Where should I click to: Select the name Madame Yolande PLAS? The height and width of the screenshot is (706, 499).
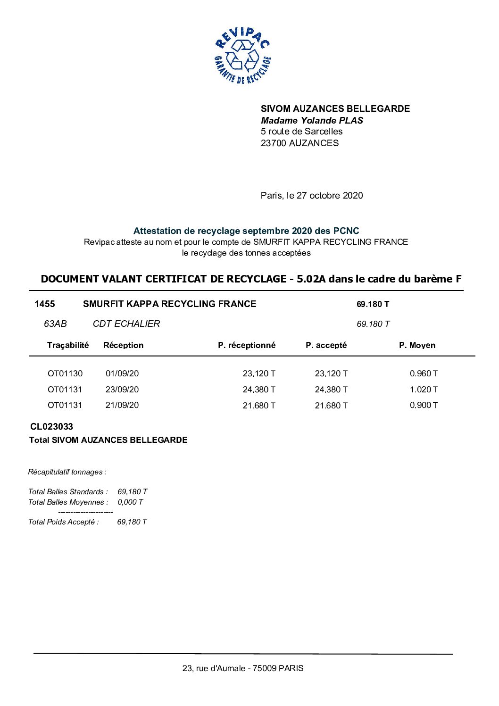[x=312, y=120]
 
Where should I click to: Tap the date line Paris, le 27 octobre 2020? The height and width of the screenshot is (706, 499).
[x=311, y=195]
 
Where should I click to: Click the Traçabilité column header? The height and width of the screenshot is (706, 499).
[x=67, y=345]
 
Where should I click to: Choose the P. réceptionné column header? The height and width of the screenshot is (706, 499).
[x=246, y=345]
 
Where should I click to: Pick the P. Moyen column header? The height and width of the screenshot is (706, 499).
[x=417, y=345]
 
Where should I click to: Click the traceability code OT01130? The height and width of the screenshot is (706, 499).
[x=65, y=374]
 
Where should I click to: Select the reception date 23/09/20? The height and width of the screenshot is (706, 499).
[x=122, y=390]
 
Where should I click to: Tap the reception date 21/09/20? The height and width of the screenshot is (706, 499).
[x=122, y=405]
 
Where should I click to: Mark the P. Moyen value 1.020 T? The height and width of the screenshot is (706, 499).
[x=423, y=390]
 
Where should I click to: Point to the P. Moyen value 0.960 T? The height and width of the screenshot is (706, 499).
[x=423, y=374]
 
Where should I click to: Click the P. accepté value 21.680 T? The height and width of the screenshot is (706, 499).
[x=331, y=406]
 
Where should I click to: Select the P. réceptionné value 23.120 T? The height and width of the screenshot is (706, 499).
[x=259, y=374]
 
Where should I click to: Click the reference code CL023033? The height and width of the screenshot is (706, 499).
[x=51, y=426]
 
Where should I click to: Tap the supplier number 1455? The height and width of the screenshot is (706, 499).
[x=45, y=304]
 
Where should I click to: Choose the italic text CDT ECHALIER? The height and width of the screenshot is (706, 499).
[x=126, y=324]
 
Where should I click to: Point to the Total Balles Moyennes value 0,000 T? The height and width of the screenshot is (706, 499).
[x=130, y=502]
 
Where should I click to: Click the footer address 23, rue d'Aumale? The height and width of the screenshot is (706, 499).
[x=215, y=668]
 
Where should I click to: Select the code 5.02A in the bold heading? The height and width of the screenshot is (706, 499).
[x=311, y=279]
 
